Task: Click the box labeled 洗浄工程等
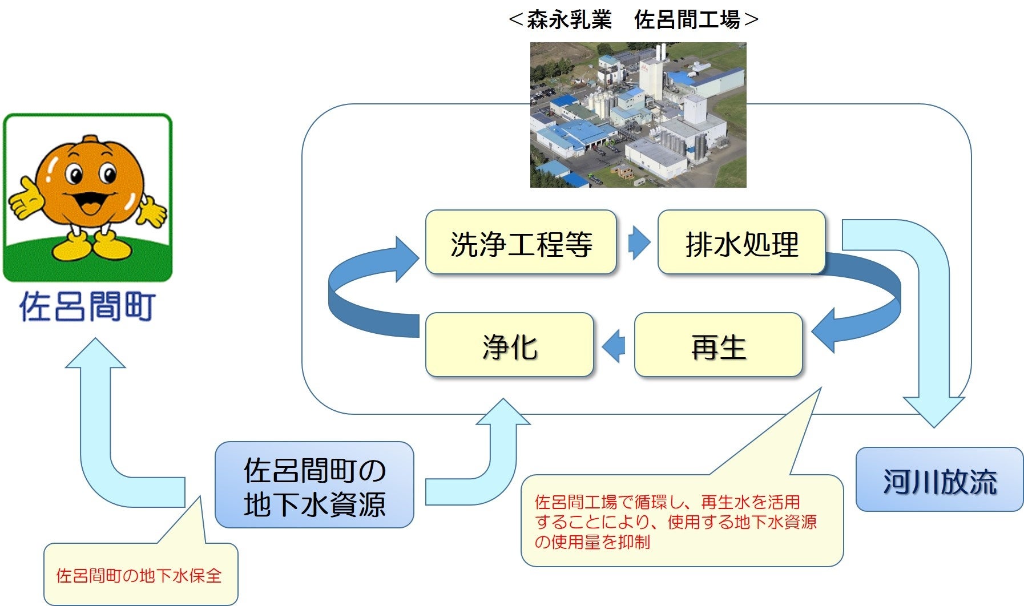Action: (x=521, y=243)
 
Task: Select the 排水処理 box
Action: (x=741, y=243)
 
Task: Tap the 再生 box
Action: (x=718, y=345)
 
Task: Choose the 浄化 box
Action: (x=509, y=345)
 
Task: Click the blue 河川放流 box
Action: (x=939, y=479)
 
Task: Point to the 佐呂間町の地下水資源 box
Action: (x=314, y=485)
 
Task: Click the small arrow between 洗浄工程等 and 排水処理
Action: (x=638, y=243)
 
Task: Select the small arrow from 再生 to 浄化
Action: (x=614, y=346)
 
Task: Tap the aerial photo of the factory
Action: (x=638, y=115)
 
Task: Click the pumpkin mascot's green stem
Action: (x=90, y=140)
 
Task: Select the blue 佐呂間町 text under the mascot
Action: (x=87, y=306)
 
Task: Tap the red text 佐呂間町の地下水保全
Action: (x=139, y=575)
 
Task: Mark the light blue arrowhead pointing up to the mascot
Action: (x=95, y=354)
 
